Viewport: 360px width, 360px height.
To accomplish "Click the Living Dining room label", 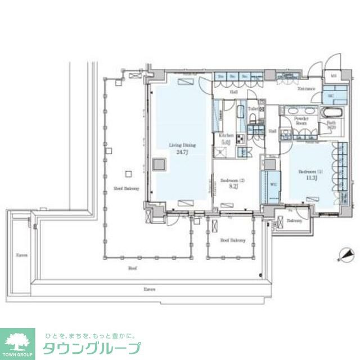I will click(x=178, y=145).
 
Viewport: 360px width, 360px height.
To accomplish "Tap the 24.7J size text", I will click(x=178, y=152).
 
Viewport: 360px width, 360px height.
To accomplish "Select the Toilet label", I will click(x=253, y=109).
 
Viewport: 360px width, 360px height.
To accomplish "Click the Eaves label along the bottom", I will click(x=149, y=289).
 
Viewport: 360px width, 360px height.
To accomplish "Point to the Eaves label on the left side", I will click(x=21, y=254).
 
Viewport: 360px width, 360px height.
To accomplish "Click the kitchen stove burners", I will click(x=239, y=140).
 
